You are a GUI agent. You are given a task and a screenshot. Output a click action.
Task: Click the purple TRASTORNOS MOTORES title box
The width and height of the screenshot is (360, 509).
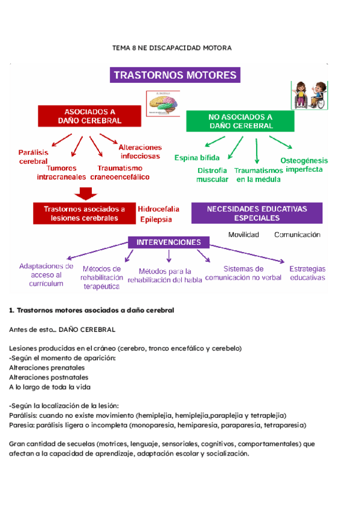coord(175,76)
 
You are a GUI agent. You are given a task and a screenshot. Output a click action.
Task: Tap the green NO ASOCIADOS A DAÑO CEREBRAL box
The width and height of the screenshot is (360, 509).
coord(240,121)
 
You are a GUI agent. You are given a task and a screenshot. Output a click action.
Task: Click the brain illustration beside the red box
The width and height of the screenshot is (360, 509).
coord(163,103)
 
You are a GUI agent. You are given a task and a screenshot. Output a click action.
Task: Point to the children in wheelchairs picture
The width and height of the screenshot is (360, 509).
coord(309,95)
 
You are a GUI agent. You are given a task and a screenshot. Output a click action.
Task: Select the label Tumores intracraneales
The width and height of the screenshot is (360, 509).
coord(61,173)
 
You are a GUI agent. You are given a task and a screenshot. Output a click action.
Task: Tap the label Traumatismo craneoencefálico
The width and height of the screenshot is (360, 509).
coord(119,173)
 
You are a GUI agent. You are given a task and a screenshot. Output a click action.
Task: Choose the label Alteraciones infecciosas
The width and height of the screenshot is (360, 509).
coord(140,151)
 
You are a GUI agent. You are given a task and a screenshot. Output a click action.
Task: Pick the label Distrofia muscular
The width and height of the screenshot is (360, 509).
coord(212,175)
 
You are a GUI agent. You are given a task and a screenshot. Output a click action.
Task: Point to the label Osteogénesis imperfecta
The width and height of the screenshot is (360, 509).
coord(304,164)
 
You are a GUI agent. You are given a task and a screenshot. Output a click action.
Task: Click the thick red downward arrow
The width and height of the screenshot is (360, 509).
coord(86,194)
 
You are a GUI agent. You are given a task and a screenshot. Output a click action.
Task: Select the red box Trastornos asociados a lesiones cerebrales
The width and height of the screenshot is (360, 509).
coord(85,214)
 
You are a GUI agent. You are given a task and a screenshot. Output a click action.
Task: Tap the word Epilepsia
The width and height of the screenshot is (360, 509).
coord(156,220)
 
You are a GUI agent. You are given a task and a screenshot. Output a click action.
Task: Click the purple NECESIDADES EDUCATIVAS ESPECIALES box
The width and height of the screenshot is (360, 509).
coord(256,213)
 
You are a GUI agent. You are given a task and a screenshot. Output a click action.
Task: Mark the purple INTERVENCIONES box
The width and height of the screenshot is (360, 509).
coord(168,242)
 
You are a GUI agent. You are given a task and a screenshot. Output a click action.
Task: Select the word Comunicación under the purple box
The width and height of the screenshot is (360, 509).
coord(297,235)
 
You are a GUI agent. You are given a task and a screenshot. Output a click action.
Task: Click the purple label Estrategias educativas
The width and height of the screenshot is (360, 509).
coord(307,273)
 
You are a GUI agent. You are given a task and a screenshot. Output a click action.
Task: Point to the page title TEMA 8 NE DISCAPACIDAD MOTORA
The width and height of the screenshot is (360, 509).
coord(172,47)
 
